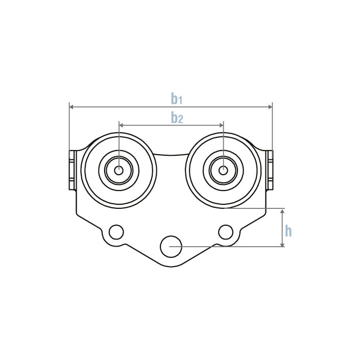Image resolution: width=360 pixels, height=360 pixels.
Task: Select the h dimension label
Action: click(x=289, y=231)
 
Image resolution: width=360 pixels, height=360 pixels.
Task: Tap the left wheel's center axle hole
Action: click(x=118, y=170)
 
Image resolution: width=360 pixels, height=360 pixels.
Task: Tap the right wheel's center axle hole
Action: click(x=223, y=170)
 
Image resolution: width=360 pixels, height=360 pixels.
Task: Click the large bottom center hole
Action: click(x=171, y=246)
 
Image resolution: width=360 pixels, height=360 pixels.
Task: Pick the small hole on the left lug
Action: click(x=116, y=232)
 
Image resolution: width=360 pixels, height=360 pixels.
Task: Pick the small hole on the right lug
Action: click(x=226, y=232)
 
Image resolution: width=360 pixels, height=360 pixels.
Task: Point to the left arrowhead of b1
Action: click(x=71, y=107)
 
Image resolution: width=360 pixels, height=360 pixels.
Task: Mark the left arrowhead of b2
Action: click(x=121, y=125)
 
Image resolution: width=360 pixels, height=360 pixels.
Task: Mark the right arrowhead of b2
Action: click(x=221, y=125)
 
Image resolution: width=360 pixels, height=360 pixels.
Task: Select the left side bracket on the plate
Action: click(x=73, y=169)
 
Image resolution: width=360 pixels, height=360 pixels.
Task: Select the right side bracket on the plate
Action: click(x=270, y=169)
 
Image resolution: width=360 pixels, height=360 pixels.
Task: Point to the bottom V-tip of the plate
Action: click(x=171, y=267)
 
